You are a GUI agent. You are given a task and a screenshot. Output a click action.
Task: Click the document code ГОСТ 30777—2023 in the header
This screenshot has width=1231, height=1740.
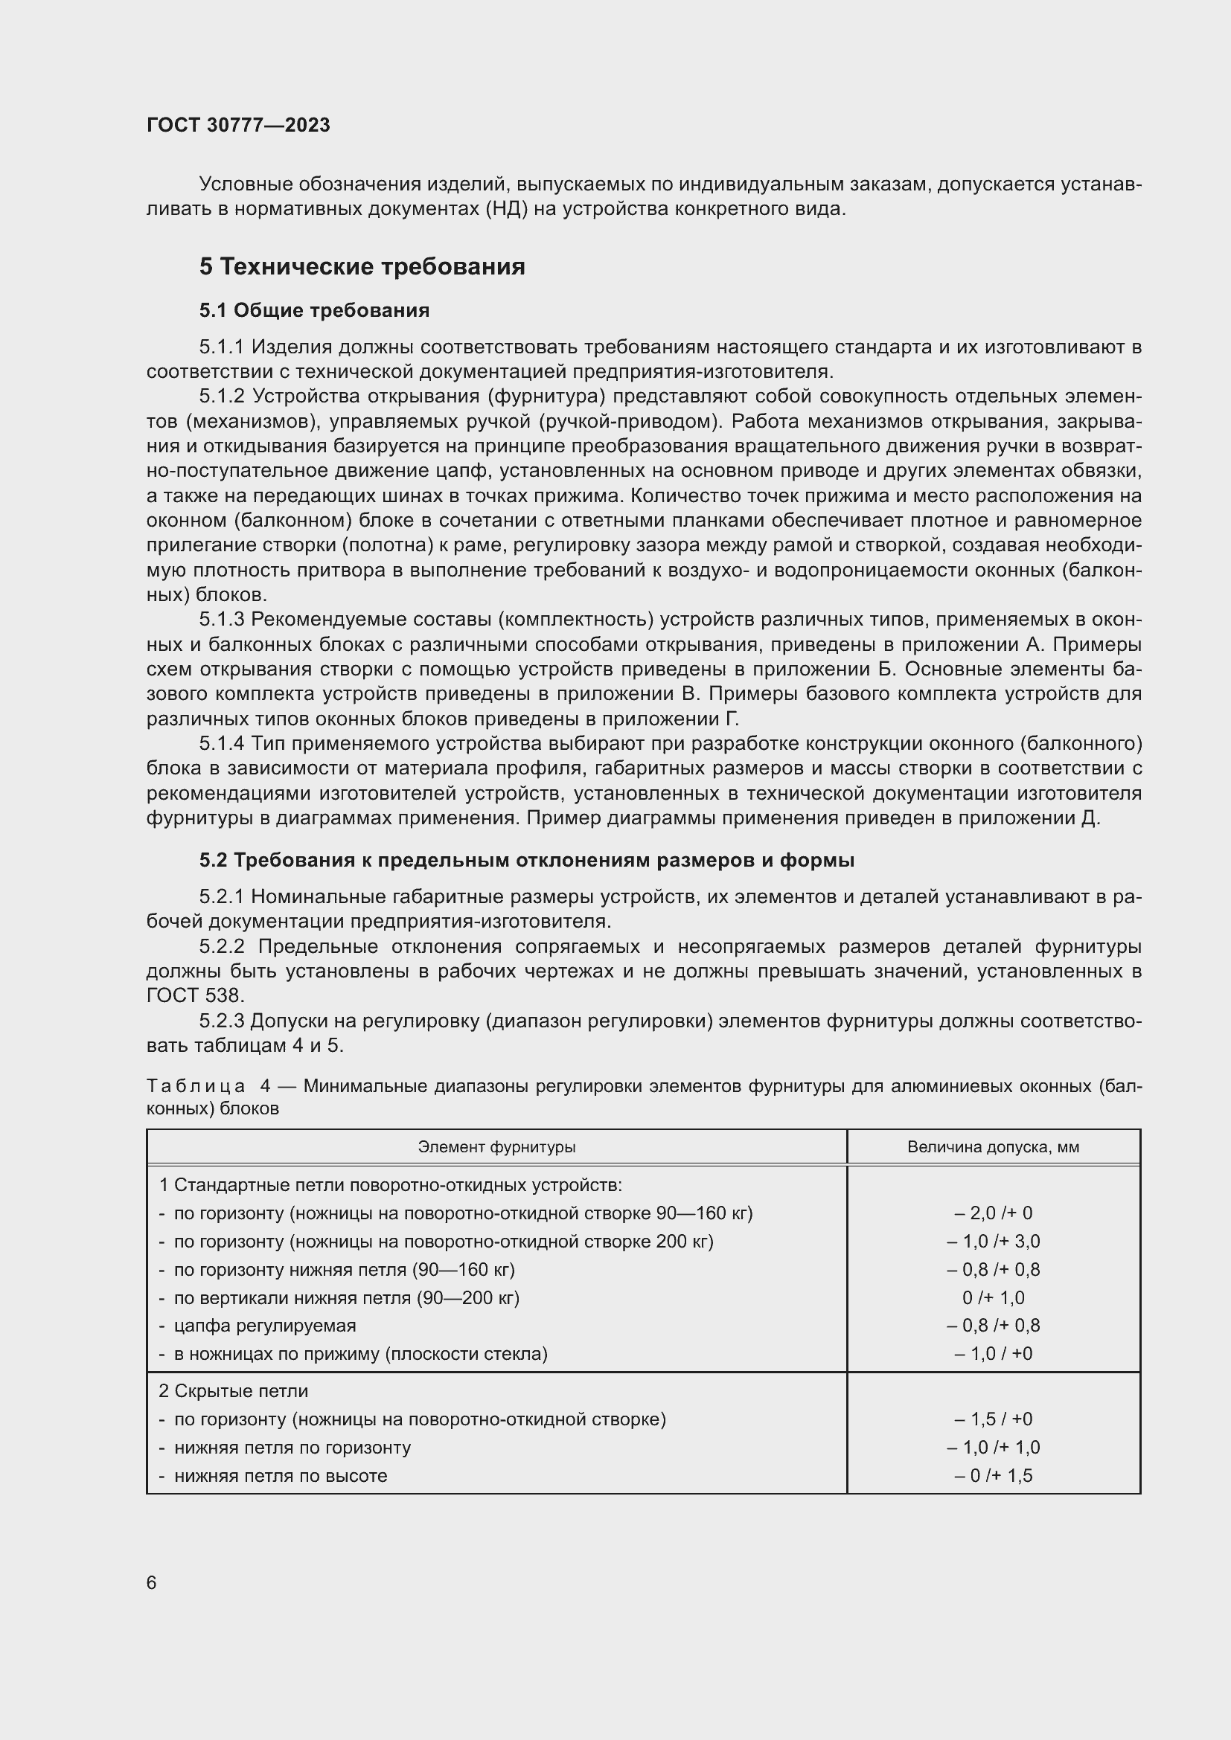238,125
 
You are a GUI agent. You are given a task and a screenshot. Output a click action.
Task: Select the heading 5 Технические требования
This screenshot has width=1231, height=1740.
362,267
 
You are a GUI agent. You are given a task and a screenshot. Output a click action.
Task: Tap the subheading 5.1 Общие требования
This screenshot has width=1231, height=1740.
314,310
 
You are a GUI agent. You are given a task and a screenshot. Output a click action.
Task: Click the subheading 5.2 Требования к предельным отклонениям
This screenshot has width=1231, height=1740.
526,860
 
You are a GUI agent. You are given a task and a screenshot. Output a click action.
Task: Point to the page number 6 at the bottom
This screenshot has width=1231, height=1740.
152,1582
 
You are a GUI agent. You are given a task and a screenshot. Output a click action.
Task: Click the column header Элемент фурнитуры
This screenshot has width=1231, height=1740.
496,1146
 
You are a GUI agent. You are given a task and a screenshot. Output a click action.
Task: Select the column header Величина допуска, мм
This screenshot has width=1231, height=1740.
993,1146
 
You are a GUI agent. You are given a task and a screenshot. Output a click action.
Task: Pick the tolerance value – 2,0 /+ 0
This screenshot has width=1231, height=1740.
993,1213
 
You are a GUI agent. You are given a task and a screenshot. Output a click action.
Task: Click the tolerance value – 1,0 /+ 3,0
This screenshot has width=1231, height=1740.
993,1242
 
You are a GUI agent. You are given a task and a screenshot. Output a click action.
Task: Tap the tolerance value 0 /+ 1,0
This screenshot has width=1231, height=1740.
993,1297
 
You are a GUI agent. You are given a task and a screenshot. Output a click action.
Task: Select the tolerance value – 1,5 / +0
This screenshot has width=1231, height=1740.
993,1419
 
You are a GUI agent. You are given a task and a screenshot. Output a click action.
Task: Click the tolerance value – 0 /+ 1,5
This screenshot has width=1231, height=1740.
993,1475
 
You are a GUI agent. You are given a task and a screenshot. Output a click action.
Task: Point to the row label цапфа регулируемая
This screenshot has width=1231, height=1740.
264,1326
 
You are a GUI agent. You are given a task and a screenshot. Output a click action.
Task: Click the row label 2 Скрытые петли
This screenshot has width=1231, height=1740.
234,1390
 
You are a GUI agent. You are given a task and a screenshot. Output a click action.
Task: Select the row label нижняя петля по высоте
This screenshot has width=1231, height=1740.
281,1475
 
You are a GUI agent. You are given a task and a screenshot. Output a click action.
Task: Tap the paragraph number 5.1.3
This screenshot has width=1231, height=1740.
221,620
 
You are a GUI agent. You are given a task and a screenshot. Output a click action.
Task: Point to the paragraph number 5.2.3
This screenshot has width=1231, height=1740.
221,1021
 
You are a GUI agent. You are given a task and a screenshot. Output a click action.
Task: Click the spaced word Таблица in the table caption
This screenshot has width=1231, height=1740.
196,1086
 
